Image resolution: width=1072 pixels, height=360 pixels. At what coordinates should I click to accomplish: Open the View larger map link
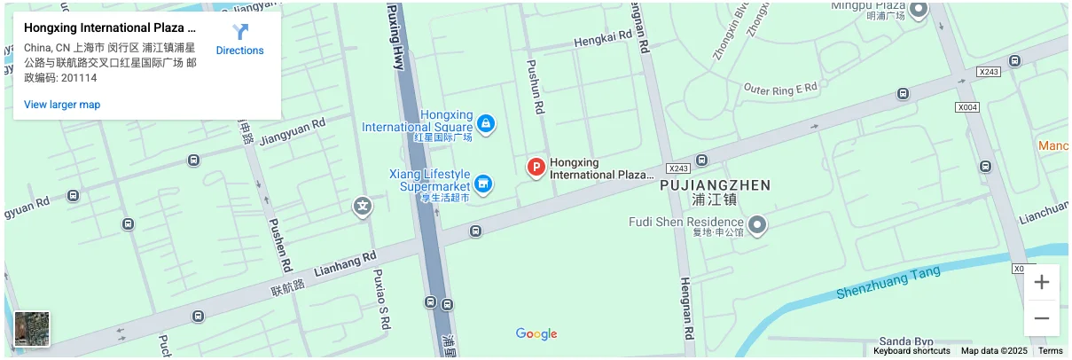point(62,105)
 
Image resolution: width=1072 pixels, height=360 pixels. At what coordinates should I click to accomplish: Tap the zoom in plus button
point(1042,283)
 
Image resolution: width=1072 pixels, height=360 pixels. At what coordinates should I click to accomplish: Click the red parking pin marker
point(536,167)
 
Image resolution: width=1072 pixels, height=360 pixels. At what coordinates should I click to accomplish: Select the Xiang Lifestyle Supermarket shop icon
point(483,184)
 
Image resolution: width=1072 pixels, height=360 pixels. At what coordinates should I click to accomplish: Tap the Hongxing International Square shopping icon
point(485,122)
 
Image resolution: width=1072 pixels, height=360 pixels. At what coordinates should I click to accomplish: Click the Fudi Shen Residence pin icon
point(756,225)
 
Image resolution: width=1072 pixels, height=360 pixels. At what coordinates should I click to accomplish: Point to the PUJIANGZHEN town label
point(715,185)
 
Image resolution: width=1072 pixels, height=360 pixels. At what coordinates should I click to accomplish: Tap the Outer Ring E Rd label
point(779,89)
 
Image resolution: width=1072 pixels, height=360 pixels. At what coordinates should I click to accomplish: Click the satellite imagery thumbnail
point(33,329)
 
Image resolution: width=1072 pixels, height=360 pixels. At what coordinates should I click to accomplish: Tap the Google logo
point(536,334)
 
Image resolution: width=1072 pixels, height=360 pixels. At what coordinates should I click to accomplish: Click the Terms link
point(1050,351)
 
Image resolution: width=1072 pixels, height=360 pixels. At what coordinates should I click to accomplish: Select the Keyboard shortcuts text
point(912,351)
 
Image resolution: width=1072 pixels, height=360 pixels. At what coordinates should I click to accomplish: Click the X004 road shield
point(968,107)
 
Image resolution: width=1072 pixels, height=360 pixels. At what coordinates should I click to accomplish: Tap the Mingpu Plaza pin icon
point(919,11)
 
